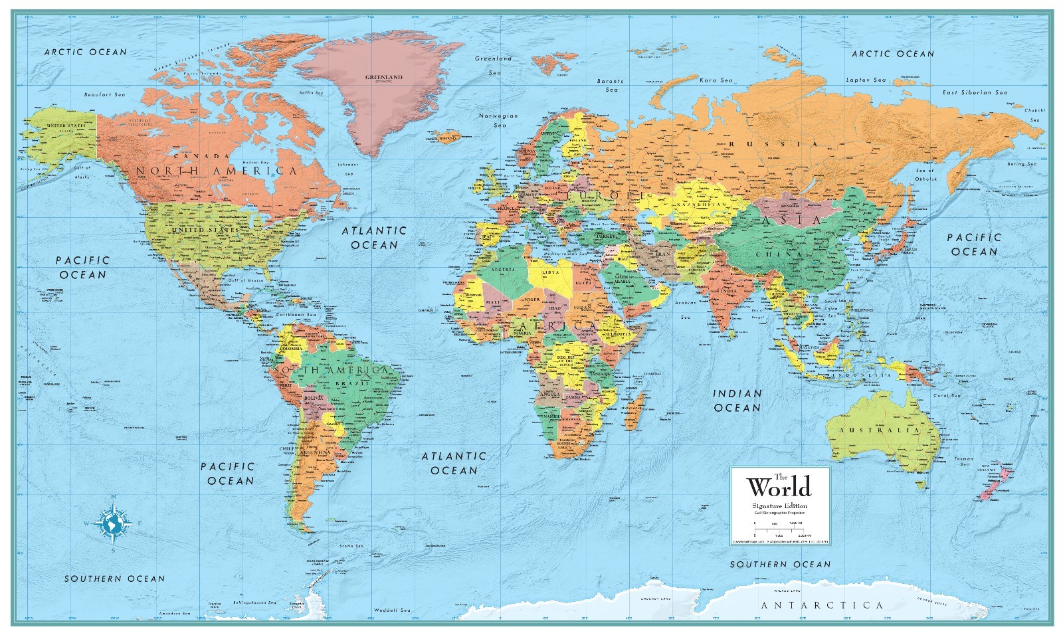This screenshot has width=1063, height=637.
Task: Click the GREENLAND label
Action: click(383, 78)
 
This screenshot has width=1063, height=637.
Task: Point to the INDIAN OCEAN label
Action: click(737, 400)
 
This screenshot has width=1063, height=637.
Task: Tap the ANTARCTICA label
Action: click(822, 605)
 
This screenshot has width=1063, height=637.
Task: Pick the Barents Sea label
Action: click(609, 85)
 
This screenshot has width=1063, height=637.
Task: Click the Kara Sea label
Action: click(716, 80)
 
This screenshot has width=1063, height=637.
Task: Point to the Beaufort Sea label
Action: click(104, 95)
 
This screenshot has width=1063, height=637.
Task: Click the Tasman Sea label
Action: click(964, 462)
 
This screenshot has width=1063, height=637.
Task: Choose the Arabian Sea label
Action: click(685, 310)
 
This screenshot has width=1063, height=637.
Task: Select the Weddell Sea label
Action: click(391, 609)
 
